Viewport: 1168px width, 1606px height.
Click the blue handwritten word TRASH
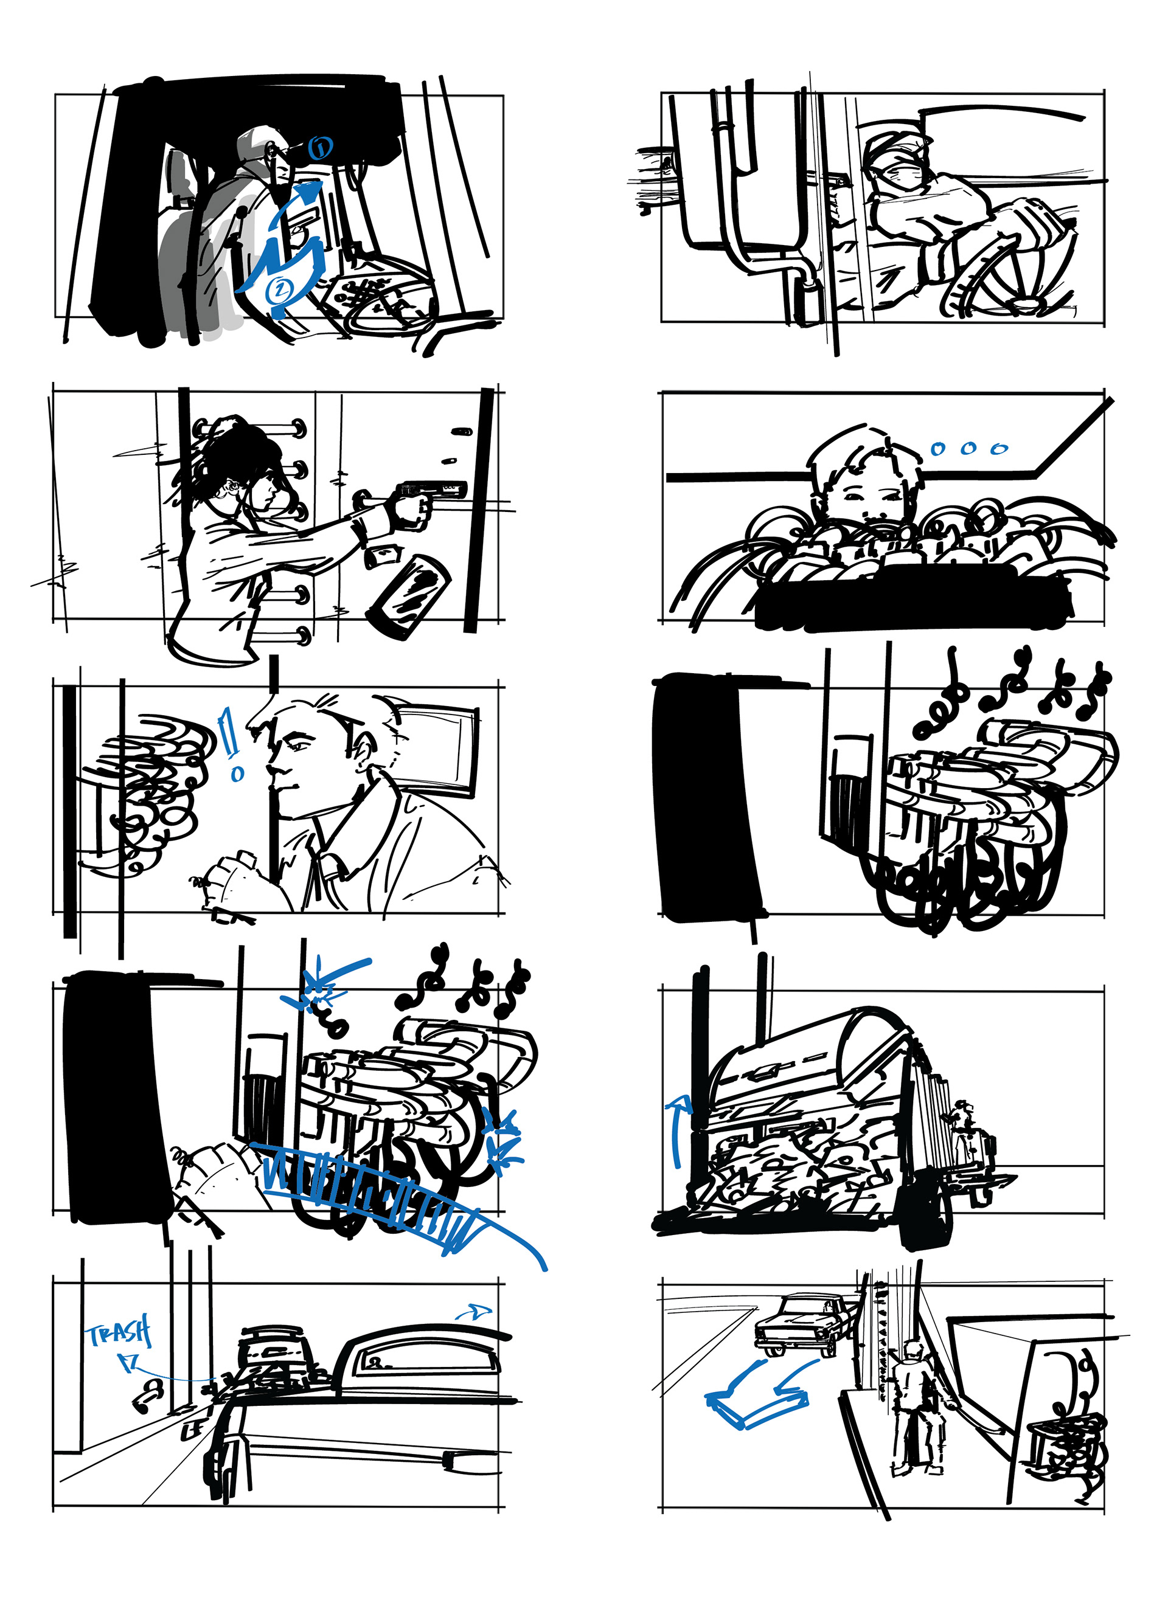pos(119,1334)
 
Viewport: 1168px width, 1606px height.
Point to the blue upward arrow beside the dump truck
pos(678,1129)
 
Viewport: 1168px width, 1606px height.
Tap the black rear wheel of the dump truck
pos(923,1211)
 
